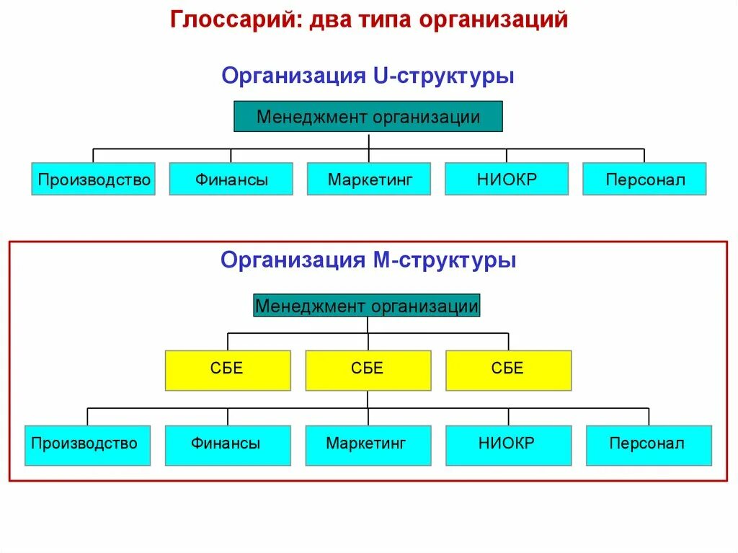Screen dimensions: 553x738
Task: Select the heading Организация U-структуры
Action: (x=368, y=76)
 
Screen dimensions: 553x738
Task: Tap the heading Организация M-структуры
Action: (x=368, y=260)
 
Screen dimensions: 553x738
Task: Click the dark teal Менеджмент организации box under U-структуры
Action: (x=368, y=117)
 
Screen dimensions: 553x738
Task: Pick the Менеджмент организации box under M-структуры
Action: (x=367, y=306)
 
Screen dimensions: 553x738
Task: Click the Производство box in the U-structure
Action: (x=94, y=179)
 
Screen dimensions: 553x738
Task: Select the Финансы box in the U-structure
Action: (x=231, y=179)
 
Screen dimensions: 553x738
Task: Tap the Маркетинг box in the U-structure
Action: (x=369, y=179)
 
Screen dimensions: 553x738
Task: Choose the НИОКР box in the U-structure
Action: (x=507, y=179)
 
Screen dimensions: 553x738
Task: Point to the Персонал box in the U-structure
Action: (x=644, y=179)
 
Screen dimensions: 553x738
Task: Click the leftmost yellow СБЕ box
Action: (x=228, y=370)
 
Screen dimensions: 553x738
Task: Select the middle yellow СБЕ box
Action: (x=368, y=370)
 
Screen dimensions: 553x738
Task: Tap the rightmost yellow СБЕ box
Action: (x=508, y=370)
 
